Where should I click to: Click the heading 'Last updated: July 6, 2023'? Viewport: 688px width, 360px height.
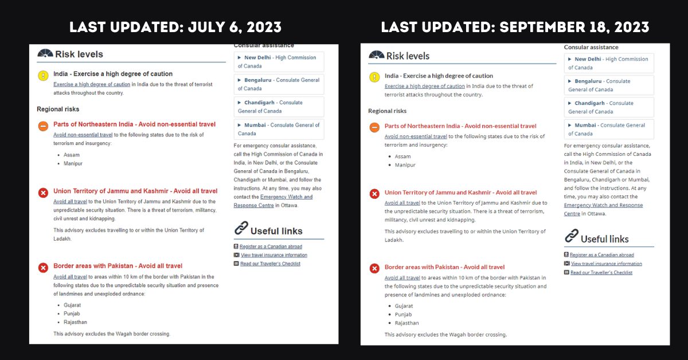[x=175, y=27]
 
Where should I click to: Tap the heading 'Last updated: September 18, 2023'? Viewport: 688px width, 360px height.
[x=515, y=27]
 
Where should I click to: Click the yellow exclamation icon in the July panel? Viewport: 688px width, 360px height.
[x=43, y=76]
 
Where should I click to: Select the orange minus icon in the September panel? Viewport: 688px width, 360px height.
[x=374, y=127]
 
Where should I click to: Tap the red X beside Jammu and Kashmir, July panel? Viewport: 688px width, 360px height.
[x=43, y=193]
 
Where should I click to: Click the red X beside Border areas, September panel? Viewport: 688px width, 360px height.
[x=374, y=268]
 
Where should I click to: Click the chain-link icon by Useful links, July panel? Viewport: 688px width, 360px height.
[x=241, y=229]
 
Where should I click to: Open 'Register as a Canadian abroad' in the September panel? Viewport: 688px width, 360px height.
[x=601, y=255]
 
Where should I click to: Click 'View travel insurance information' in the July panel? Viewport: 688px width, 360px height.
[x=273, y=255]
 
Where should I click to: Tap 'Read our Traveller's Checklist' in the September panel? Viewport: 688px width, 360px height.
[x=601, y=272]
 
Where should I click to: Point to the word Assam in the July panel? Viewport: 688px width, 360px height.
[x=72, y=155]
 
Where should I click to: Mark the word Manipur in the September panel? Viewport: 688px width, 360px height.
[x=405, y=165]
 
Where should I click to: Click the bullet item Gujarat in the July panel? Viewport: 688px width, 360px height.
[x=72, y=305]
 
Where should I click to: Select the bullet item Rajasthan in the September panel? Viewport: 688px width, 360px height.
[x=406, y=323]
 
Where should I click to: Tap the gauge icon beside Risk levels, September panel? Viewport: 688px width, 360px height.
[x=376, y=55]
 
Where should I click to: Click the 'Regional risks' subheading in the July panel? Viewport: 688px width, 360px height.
[x=58, y=109]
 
